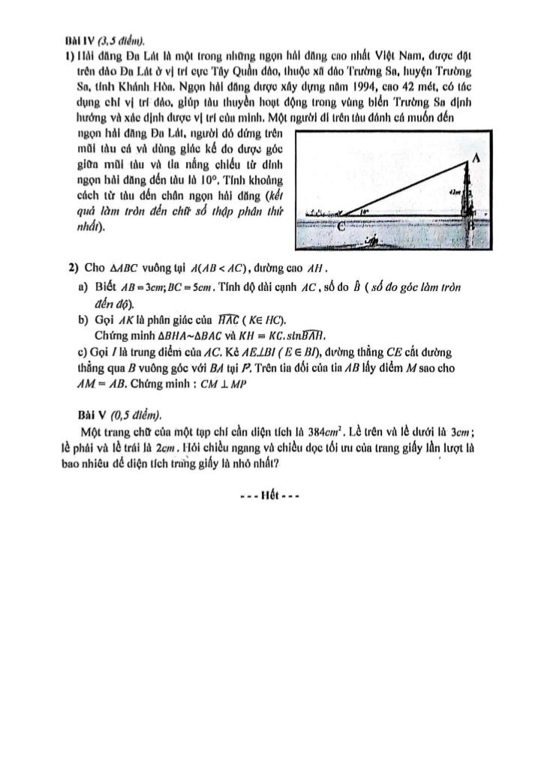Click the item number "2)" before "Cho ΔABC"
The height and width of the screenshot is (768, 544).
click(74, 268)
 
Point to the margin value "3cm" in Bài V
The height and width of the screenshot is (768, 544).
click(460, 431)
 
